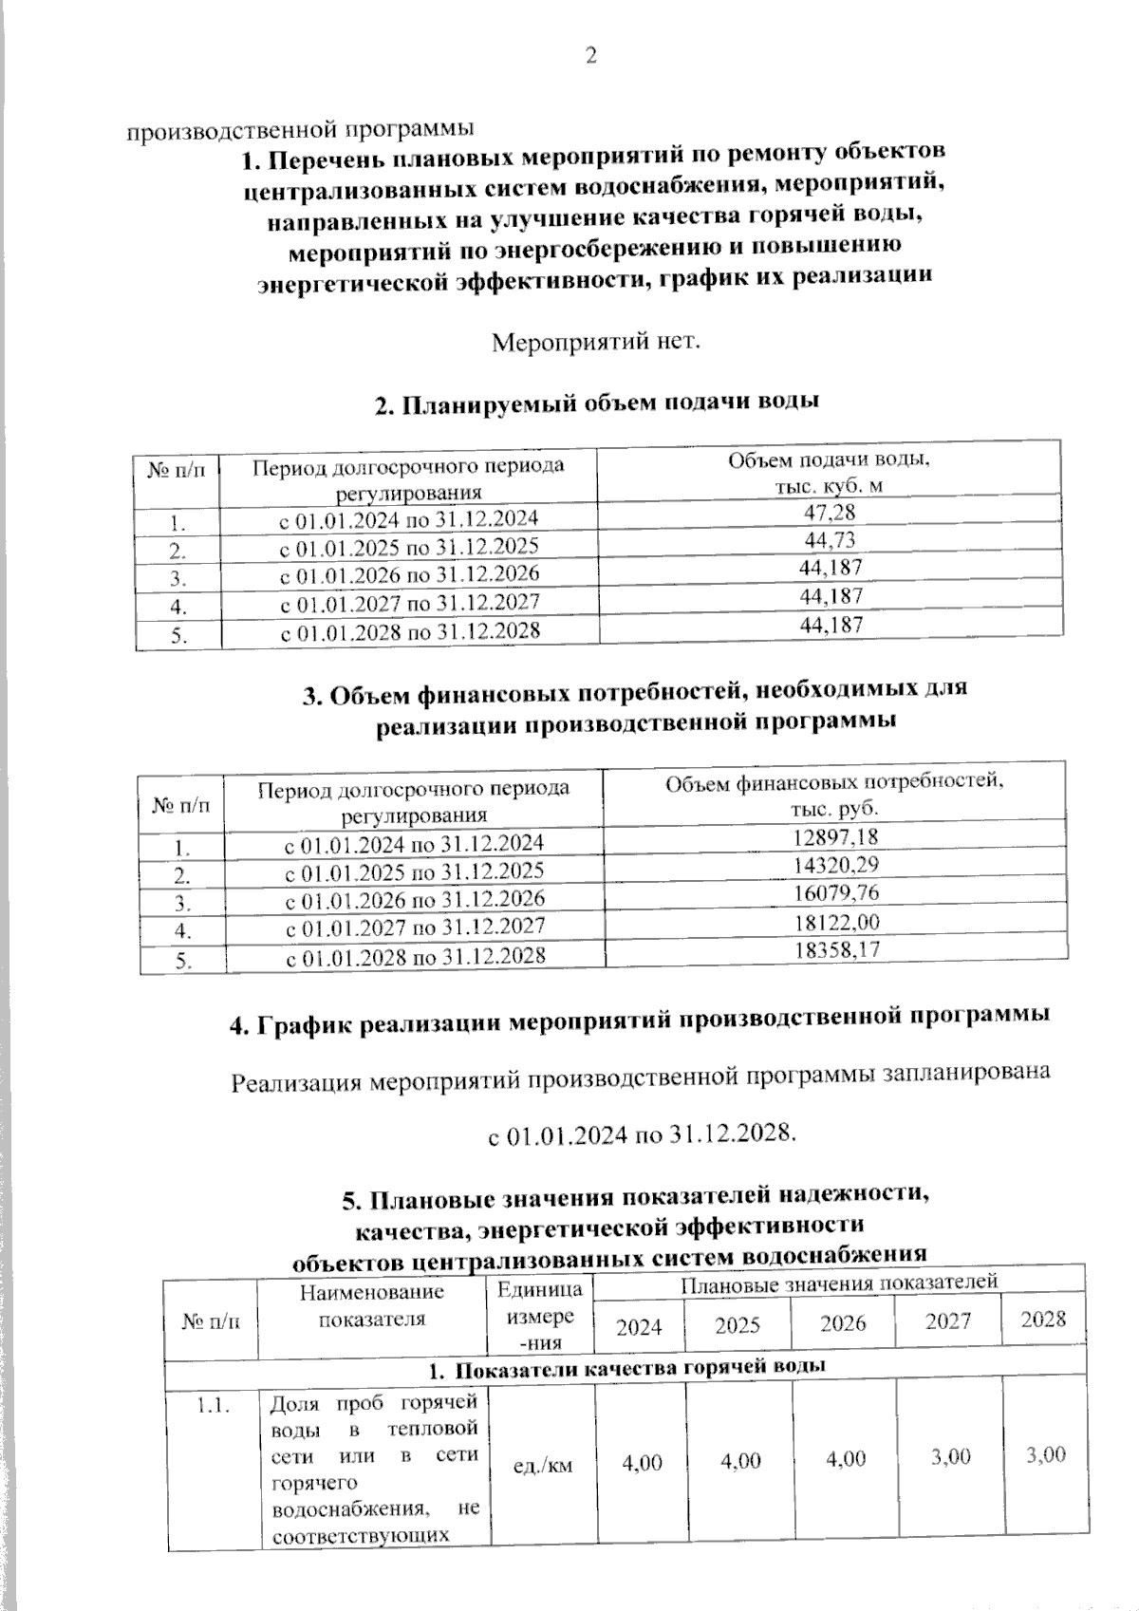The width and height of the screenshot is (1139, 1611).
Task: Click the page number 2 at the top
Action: coord(591,56)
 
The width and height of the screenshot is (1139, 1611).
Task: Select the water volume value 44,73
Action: coord(831,540)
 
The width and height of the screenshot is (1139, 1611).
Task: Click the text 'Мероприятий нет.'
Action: coord(596,340)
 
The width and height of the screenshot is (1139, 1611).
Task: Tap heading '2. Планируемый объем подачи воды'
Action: coord(597,403)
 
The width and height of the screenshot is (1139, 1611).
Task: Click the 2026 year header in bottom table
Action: coord(843,1323)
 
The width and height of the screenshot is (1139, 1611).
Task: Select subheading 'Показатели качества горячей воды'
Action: coord(626,1368)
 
